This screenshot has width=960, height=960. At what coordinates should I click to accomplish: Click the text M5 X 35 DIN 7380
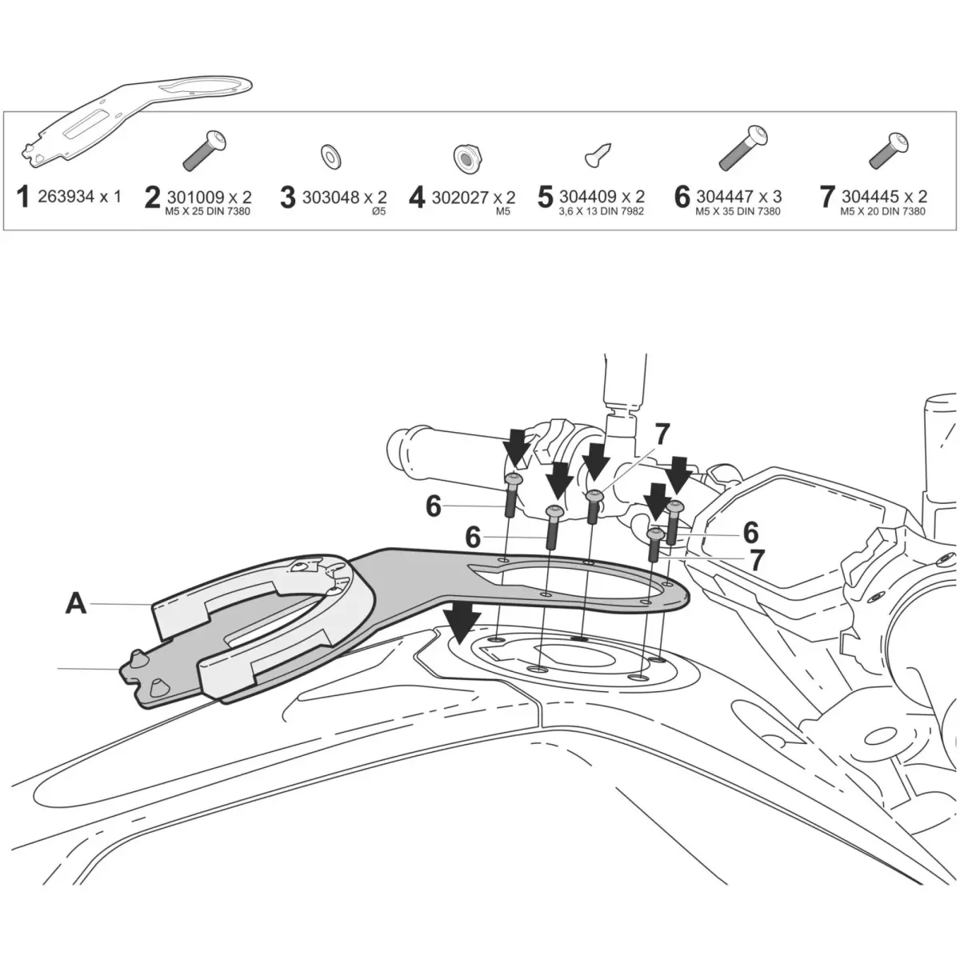(x=738, y=212)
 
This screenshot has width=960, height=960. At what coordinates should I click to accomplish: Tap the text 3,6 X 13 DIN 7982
(x=602, y=212)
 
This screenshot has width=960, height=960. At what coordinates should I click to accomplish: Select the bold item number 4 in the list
(x=417, y=198)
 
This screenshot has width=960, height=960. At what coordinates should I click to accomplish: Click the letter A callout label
(x=76, y=603)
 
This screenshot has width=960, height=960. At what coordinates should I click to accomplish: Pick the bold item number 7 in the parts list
(x=827, y=198)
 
